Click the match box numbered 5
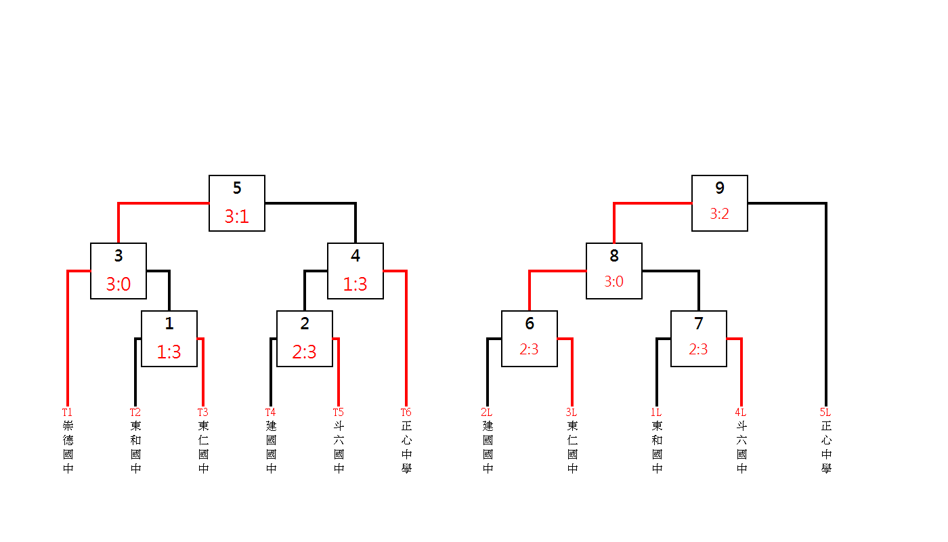tap(237, 203)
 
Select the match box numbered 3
tap(118, 271)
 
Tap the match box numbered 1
tap(169, 339)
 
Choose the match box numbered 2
tap(305, 339)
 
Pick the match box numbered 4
tap(355, 271)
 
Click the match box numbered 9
tap(720, 203)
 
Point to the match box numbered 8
tap(614, 271)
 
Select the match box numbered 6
tap(530, 339)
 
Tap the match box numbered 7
tap(699, 339)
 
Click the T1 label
tap(67, 412)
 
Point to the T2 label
tap(135, 412)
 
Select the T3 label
tap(202, 412)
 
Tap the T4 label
tap(270, 412)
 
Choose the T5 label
tap(338, 412)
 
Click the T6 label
tap(406, 412)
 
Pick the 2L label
tap(486, 412)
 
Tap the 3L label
tap(571, 412)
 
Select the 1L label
tap(655, 412)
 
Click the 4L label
tap(740, 412)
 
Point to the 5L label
tap(825, 412)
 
